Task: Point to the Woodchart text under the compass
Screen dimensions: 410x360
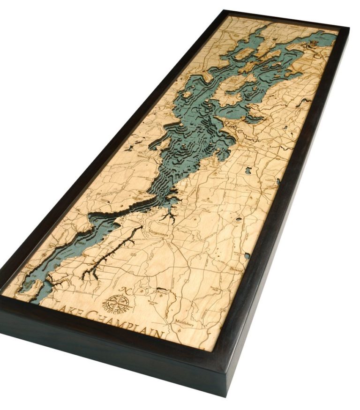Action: (113, 311)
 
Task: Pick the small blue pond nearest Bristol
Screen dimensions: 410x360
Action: (247, 256)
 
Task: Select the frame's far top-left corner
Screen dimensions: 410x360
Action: (225, 10)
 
